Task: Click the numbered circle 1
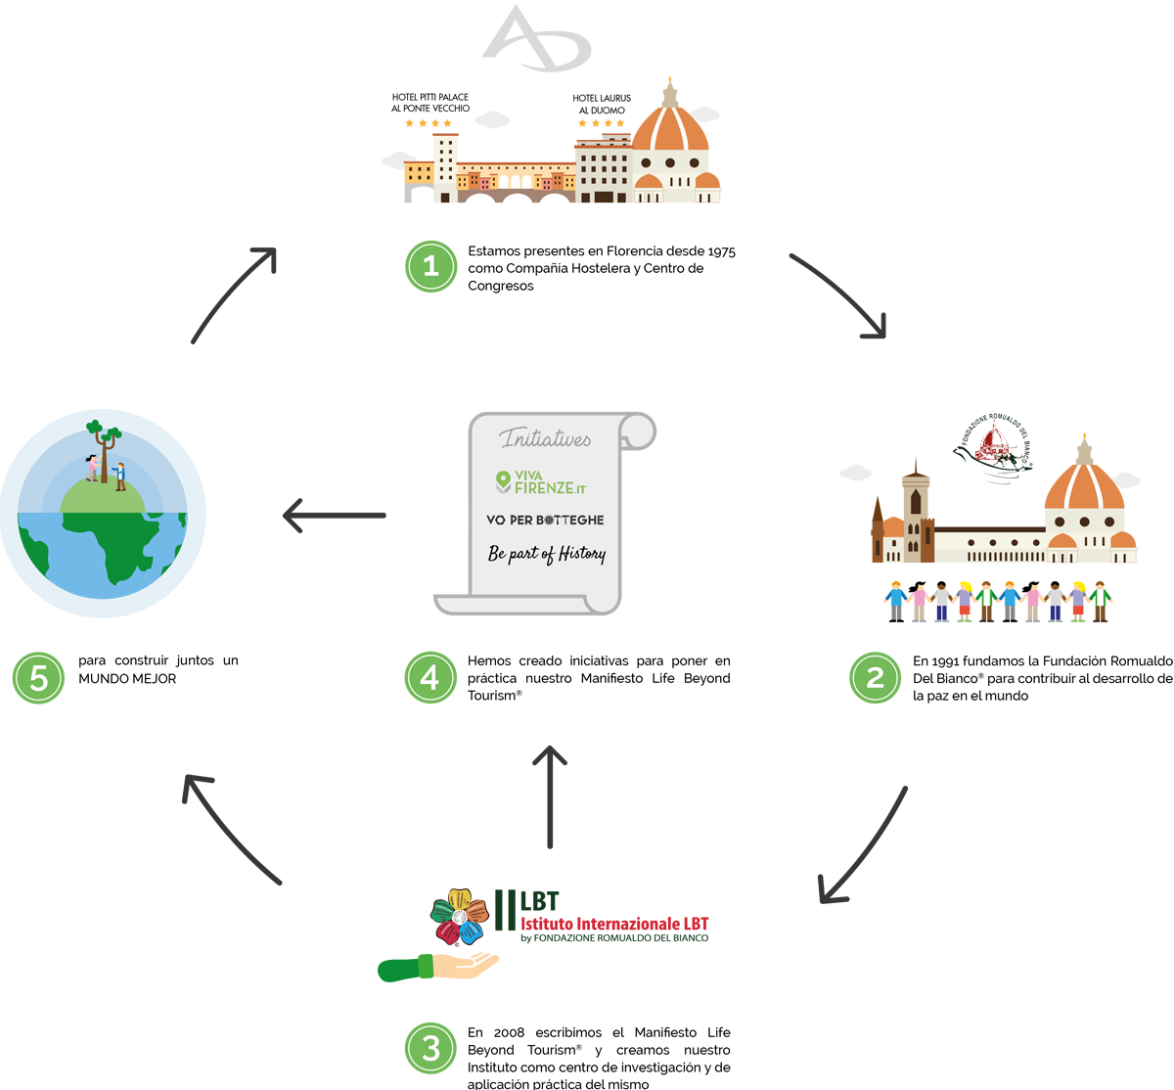[430, 266]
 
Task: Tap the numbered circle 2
[875, 677]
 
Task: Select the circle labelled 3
[430, 1049]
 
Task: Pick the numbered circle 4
[430, 677]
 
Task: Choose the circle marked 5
[39, 677]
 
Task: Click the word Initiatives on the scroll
[546, 439]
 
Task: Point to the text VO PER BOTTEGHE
[545, 520]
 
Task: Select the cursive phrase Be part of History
[546, 554]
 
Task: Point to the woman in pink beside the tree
[93, 468]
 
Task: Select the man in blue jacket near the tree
[119, 476]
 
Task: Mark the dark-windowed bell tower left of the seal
[915, 509]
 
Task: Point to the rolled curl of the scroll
[638, 431]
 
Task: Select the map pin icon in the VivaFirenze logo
[503, 480]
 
